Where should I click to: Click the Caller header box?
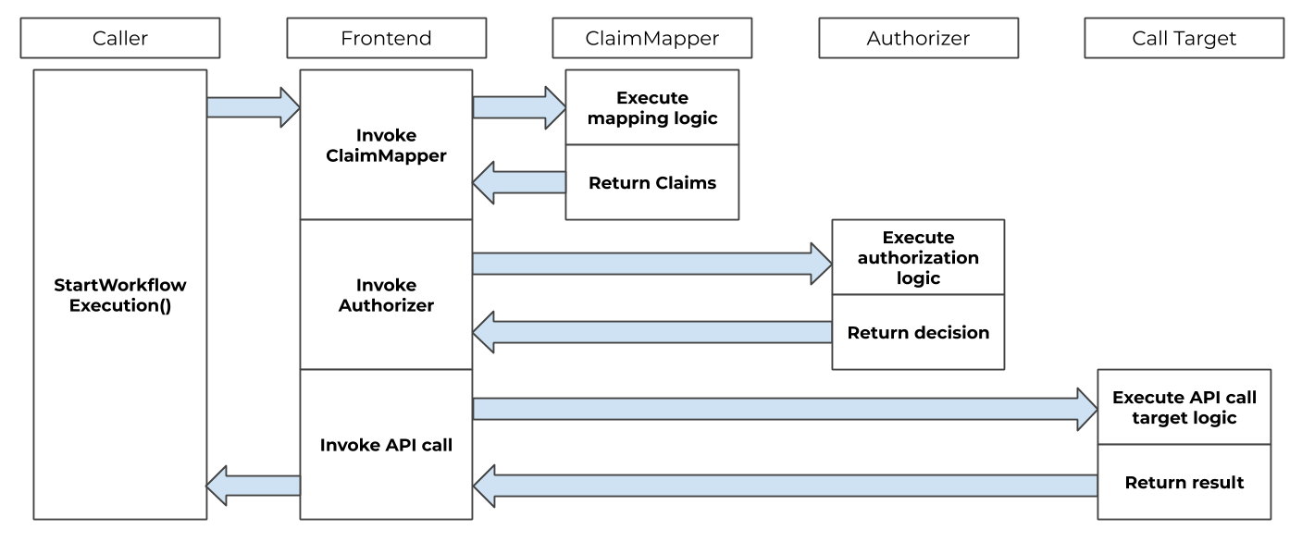point(120,38)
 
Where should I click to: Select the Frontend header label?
point(386,38)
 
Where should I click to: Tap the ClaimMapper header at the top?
point(652,38)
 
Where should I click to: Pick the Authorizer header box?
point(918,38)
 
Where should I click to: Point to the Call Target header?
point(1184,38)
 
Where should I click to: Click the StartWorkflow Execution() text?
point(120,295)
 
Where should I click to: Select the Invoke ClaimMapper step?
point(386,145)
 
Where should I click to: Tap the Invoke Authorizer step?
point(386,294)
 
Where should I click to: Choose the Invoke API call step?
point(386,445)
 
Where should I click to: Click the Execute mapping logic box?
point(652,107)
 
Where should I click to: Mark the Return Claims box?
point(652,183)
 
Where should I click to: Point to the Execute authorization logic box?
point(918,258)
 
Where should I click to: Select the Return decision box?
point(918,333)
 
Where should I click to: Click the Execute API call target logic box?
point(1184,408)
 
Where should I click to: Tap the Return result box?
point(1184,482)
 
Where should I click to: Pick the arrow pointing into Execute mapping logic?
point(519,107)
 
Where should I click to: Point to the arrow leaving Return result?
point(786,486)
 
